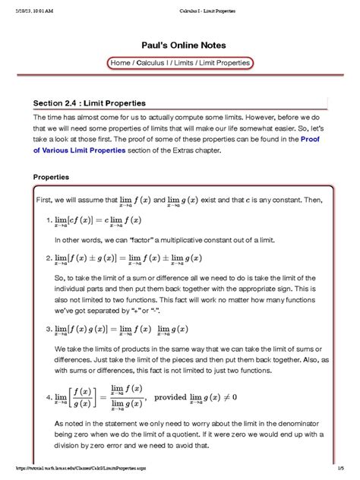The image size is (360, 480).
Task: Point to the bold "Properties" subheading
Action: [51, 176]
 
